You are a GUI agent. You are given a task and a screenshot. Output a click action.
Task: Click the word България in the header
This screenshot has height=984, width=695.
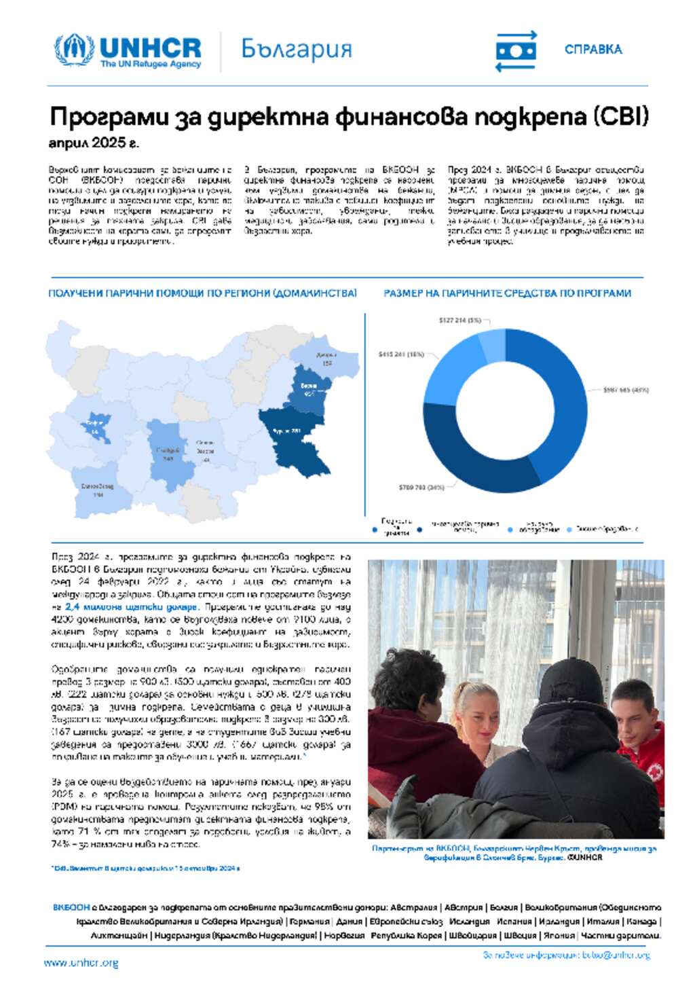(297, 50)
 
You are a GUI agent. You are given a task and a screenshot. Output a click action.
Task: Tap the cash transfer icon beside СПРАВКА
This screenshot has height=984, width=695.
(516, 51)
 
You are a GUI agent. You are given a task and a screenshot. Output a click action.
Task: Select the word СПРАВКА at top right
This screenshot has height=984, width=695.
(593, 50)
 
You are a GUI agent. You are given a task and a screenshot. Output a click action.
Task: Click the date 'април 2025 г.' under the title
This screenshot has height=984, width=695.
(94, 143)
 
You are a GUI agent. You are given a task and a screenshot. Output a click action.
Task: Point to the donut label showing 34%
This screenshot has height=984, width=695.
(421, 487)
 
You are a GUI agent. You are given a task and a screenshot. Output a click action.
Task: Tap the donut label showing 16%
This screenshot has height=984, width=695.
(401, 354)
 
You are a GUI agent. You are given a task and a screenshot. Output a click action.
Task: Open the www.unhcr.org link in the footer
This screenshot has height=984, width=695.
(81, 962)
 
